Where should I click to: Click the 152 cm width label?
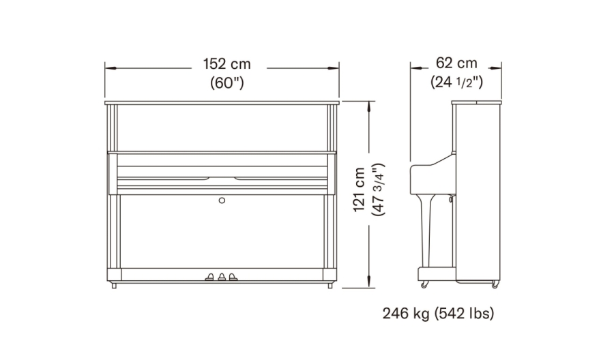point(226,65)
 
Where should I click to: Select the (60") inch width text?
point(226,83)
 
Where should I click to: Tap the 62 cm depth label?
point(456,63)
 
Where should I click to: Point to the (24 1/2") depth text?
point(456,82)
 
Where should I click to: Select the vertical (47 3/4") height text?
point(379,190)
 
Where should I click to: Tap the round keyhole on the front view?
point(222,200)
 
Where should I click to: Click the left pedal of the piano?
point(210,276)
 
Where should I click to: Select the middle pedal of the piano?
point(222,276)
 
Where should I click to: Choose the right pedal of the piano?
point(233,276)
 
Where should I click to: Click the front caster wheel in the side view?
point(424,282)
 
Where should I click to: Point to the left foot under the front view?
point(113,284)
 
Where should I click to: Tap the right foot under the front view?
point(330,284)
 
